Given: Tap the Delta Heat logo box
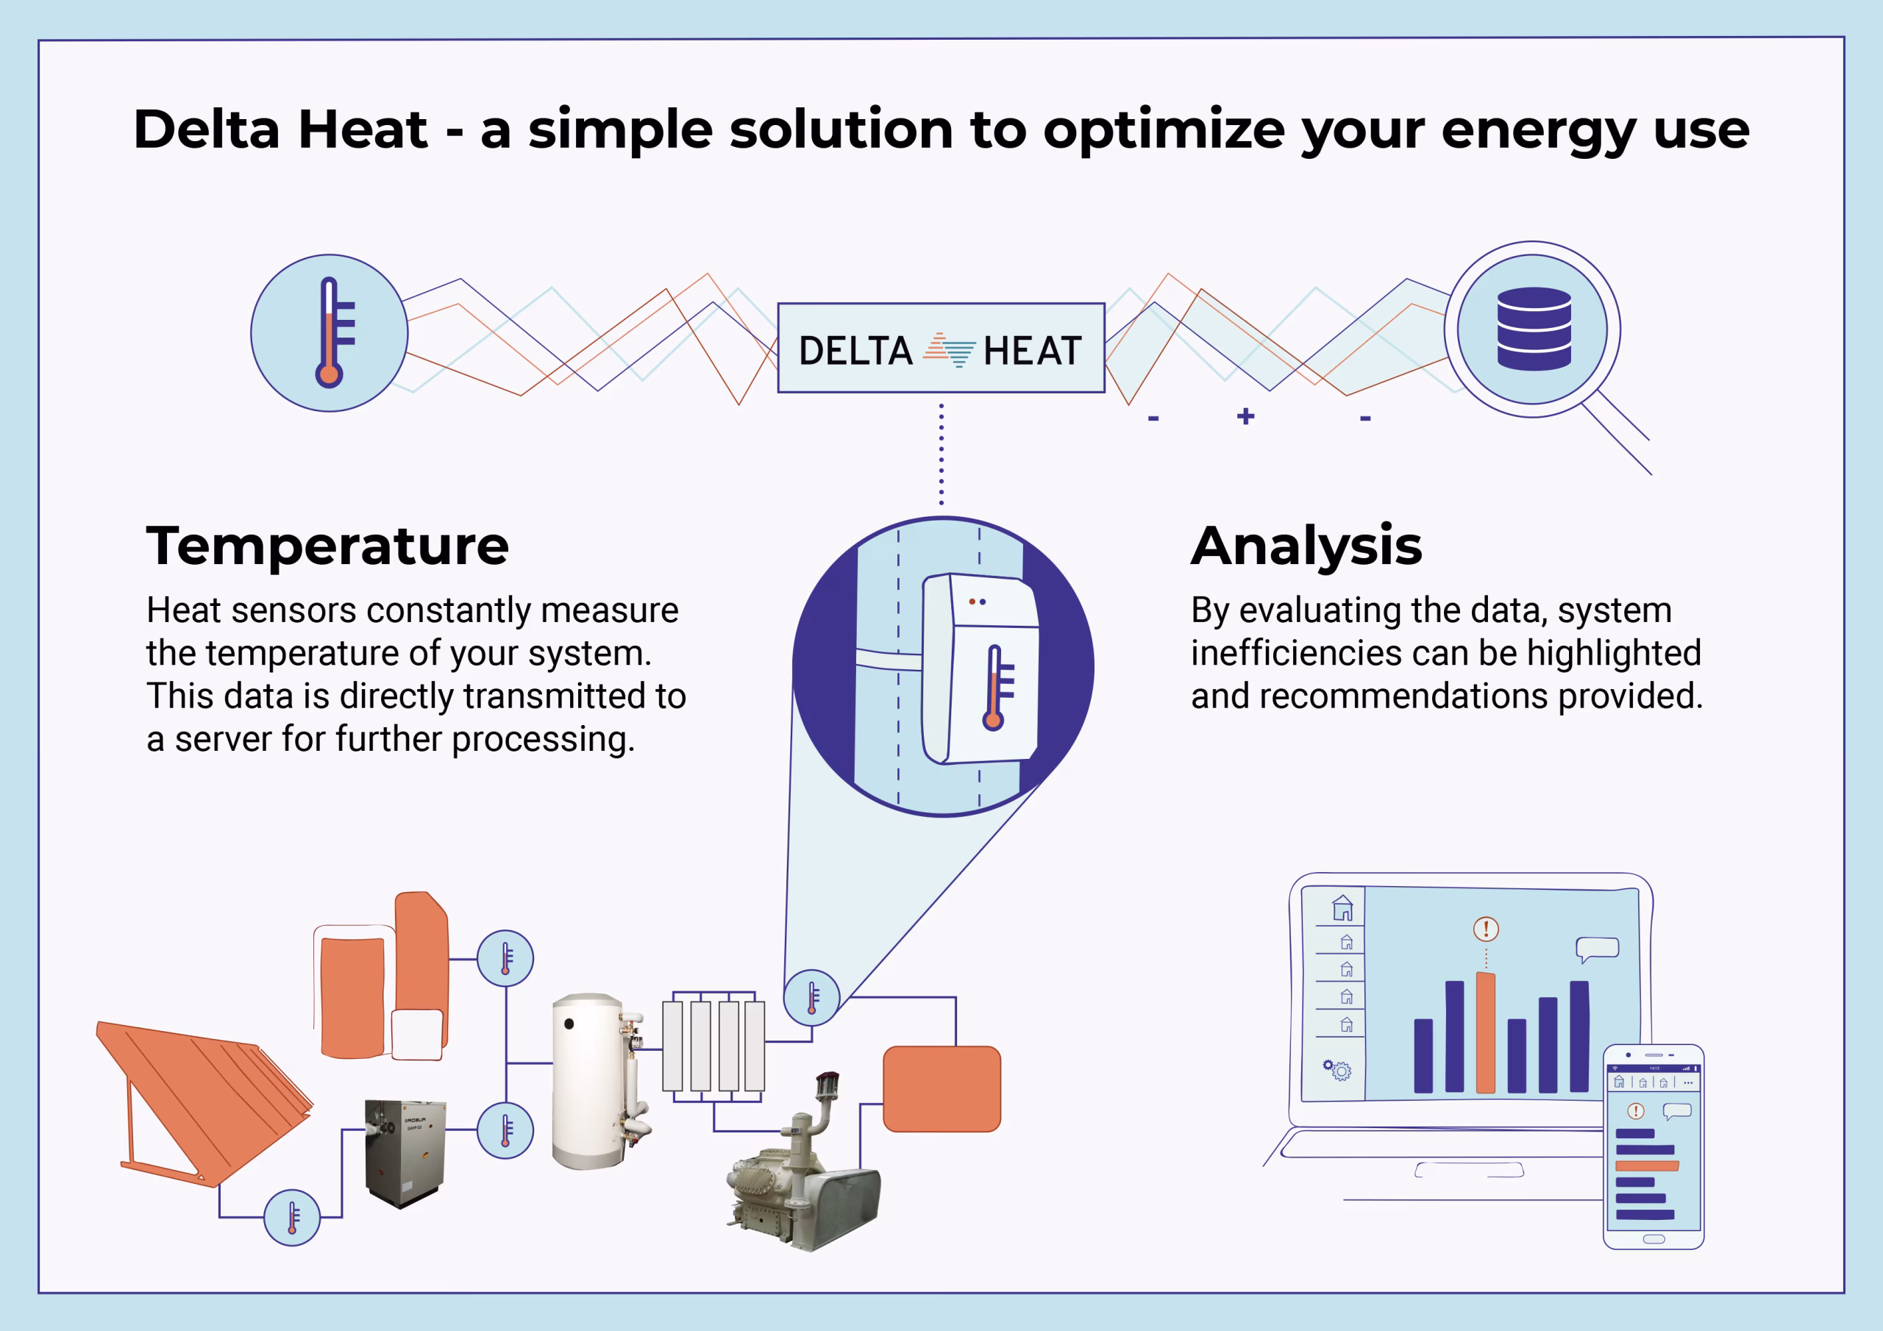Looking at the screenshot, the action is coord(941,349).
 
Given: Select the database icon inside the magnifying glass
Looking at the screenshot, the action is coord(1534,329).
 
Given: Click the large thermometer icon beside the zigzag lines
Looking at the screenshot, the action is coord(329,333).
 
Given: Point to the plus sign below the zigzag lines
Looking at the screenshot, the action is coord(1246,417).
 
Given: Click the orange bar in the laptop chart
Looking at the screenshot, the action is coord(1485,1032).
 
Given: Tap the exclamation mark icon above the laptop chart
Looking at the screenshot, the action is coord(1486,929).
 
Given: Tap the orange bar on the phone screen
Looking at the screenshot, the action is coord(1647,1166).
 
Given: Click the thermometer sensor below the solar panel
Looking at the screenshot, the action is coord(292,1218).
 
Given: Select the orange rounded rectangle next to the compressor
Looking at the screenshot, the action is coord(941,1089).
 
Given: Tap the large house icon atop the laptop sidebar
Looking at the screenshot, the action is coord(1342,908).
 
